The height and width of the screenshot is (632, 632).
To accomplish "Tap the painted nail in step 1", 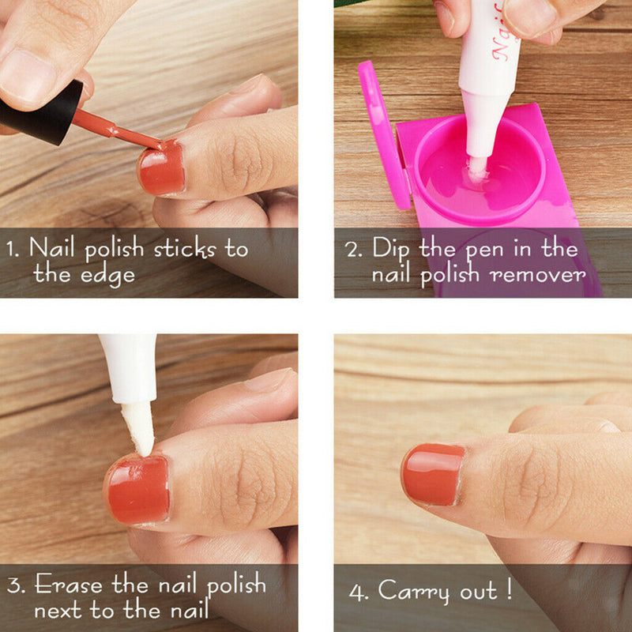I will tap(161, 168).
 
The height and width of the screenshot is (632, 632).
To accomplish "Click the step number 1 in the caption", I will tap(11, 249).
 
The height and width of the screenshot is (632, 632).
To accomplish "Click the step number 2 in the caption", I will tap(353, 249).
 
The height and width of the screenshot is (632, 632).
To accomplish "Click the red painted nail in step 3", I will tap(138, 490).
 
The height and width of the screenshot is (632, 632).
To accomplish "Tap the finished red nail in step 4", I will tap(433, 474).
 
